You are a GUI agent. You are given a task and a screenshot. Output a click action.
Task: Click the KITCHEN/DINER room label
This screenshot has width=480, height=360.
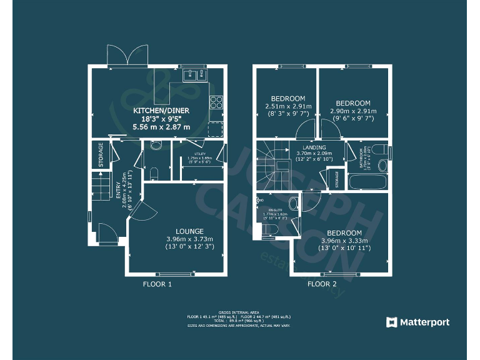(161, 111)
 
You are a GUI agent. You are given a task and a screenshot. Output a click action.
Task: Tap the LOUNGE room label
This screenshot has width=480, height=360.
(189, 231)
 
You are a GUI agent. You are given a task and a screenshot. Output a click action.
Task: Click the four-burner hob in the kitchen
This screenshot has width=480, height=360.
(217, 102)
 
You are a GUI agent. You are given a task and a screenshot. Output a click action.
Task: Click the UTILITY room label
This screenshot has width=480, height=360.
(201, 153)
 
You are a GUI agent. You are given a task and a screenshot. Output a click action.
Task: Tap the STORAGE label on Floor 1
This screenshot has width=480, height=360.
(100, 155)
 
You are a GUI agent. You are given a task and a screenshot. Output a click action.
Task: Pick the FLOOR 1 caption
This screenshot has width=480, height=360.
(157, 284)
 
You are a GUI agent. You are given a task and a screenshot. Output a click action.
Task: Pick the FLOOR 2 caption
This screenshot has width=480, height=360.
(321, 284)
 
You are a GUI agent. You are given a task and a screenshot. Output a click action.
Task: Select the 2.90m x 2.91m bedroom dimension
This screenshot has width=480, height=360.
(352, 111)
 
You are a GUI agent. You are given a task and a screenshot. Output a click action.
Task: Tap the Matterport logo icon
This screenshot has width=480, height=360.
(392, 322)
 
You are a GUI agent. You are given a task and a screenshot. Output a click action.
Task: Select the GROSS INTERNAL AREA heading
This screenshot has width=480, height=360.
(239, 311)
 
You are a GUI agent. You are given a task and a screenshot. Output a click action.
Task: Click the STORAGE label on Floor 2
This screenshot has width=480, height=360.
(337, 179)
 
